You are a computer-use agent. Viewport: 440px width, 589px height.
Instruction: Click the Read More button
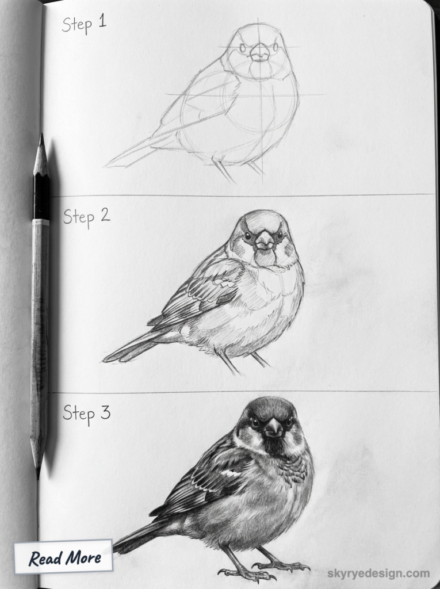[x=63, y=557]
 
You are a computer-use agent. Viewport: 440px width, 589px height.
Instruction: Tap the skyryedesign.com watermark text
[x=378, y=573]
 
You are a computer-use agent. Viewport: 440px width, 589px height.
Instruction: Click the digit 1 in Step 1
[x=102, y=22]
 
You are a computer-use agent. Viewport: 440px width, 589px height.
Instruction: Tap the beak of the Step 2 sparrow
[x=265, y=241]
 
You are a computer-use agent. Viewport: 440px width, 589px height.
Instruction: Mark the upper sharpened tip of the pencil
[x=41, y=134]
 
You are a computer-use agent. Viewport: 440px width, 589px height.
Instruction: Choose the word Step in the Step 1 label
[x=77, y=25]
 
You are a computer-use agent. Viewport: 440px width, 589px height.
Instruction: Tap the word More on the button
[x=82, y=557]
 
